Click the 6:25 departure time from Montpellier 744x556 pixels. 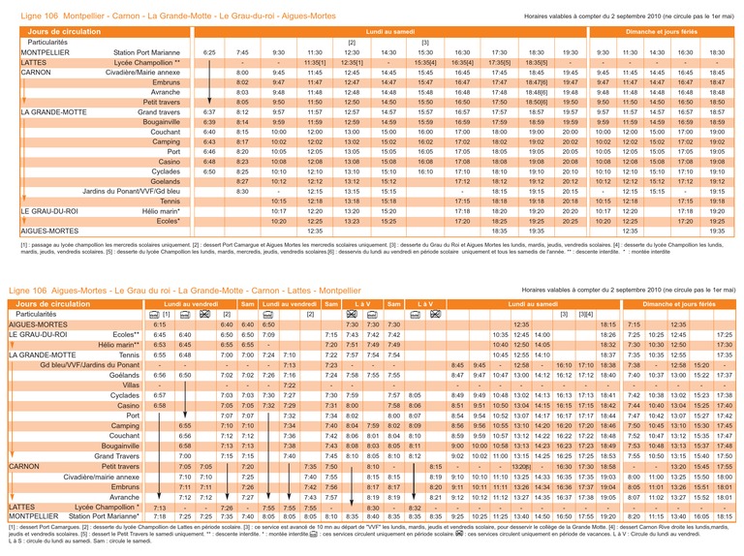pyautogui.click(x=209, y=51)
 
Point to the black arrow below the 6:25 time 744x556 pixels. pyautogui.click(x=209, y=87)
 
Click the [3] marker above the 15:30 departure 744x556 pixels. pyautogui.click(x=424, y=42)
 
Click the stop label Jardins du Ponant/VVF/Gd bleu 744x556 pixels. pyautogui.click(x=139, y=191)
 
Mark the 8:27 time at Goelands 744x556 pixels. pyautogui.click(x=242, y=180)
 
